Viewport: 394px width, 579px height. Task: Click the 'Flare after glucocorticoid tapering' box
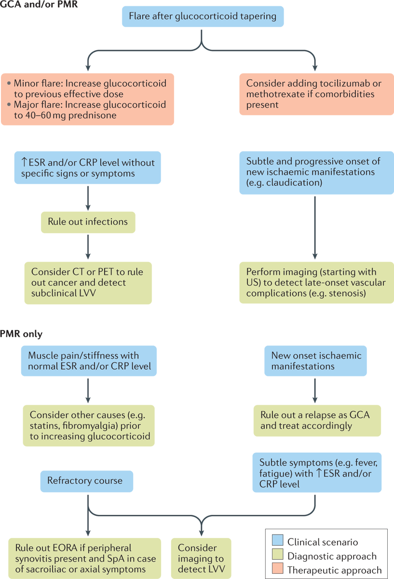[x=203, y=16]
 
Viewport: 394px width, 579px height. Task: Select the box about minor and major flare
[x=87, y=99]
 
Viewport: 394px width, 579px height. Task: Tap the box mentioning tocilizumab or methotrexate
[x=316, y=94]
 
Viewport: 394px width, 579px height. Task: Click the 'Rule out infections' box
[x=88, y=222]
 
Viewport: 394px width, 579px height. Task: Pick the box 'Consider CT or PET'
[x=88, y=283]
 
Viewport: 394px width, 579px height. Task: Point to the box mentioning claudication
[x=316, y=173]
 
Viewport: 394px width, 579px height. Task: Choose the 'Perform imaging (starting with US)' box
[x=316, y=282]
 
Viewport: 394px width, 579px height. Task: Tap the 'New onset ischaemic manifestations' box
[x=315, y=361]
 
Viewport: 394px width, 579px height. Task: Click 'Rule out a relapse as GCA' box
[x=317, y=420]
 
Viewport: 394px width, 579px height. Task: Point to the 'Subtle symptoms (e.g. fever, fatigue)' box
[x=316, y=472]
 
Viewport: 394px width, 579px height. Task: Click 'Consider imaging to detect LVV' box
[x=201, y=559]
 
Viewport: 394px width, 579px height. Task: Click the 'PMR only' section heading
[x=21, y=334]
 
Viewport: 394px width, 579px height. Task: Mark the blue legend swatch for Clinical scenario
[x=277, y=542]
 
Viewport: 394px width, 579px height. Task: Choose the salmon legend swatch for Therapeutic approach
[x=277, y=570]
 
